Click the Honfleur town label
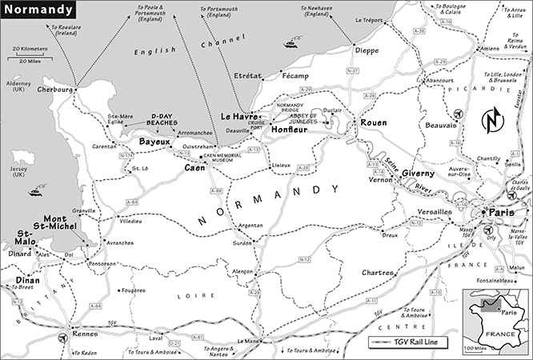click(291, 129)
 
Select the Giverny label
click(417, 173)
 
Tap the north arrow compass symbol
click(493, 121)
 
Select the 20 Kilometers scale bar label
click(29, 49)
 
